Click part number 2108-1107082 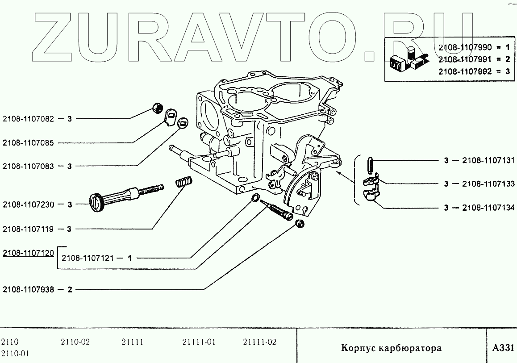point(28,119)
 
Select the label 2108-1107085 point(28,143)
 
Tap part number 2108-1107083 point(28,166)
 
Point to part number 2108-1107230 point(28,205)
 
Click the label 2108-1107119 point(28,229)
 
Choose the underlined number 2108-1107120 point(28,253)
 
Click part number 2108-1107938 point(28,289)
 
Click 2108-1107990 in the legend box point(464,46)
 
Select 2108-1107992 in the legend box point(464,70)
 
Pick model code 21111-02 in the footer point(260,342)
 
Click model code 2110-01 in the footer point(15,354)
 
